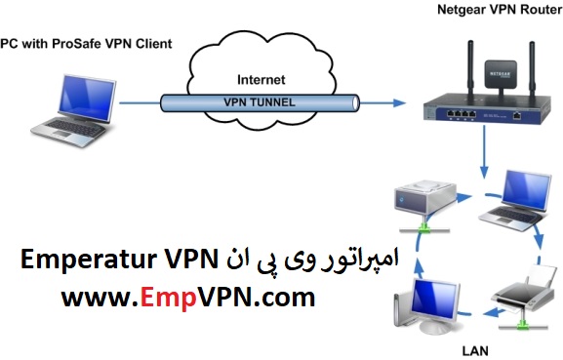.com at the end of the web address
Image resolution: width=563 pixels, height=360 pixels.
(x=283, y=297)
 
